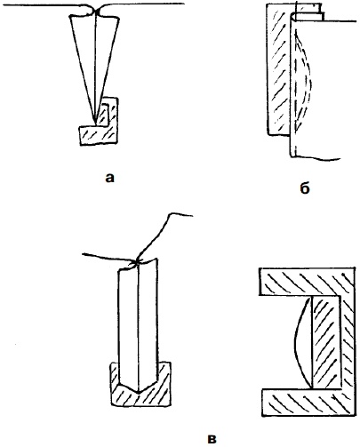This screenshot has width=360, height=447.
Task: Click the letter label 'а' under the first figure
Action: point(109,178)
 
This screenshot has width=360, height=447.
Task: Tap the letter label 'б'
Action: point(305,188)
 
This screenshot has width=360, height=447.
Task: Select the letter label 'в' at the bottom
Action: point(212,439)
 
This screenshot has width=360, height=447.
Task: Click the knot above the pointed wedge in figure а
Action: point(96,12)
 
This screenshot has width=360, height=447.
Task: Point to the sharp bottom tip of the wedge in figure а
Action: point(95,124)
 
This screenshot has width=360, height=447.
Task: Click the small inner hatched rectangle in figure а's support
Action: point(105,115)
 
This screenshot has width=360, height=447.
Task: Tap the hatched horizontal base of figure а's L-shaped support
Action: point(97,136)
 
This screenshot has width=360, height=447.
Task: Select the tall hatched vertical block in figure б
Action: point(278,68)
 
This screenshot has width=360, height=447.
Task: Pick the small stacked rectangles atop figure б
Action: point(309,12)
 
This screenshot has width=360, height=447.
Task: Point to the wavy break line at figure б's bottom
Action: point(317,157)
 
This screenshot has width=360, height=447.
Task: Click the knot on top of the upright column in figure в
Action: point(137,262)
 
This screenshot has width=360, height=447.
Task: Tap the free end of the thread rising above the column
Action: point(192,216)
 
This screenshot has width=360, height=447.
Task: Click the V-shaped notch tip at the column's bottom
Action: point(139,393)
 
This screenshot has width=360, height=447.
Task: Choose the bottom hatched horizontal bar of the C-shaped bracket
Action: point(308,403)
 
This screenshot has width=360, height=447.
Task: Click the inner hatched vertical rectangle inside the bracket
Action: point(326,342)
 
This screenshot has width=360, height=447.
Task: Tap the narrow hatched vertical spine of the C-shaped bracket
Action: point(348,342)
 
